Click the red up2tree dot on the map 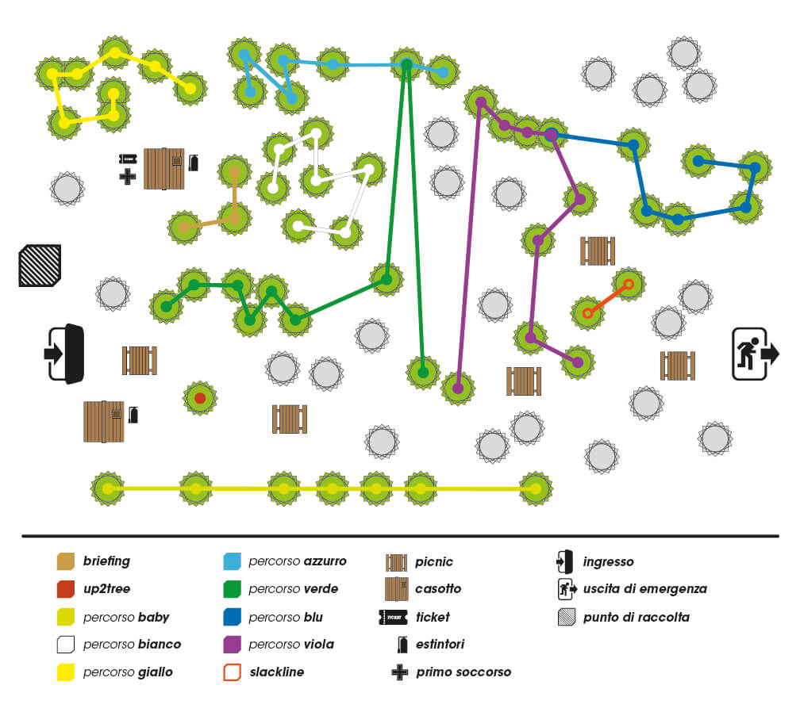(x=200, y=397)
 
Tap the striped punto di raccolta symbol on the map (x=40, y=266)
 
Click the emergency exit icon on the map (x=755, y=353)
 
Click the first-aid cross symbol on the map (x=127, y=176)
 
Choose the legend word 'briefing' (x=106, y=561)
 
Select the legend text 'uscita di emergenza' (x=644, y=589)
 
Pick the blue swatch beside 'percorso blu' (x=233, y=617)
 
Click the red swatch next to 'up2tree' (x=66, y=589)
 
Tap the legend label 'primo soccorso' (x=463, y=672)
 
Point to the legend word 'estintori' (x=440, y=645)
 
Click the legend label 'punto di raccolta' (x=637, y=617)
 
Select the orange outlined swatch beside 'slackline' (x=233, y=672)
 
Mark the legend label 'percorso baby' (x=126, y=617)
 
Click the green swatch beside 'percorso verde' (x=233, y=589)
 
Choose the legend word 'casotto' (x=437, y=589)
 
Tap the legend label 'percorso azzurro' (x=297, y=561)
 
